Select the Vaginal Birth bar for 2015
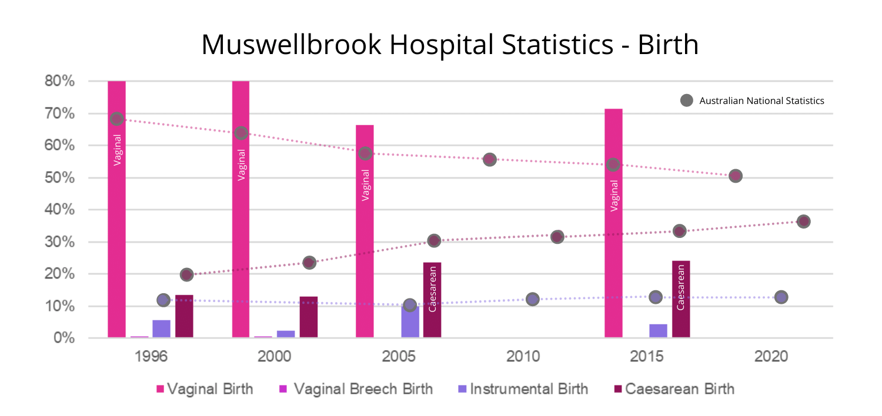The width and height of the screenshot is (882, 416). (613, 247)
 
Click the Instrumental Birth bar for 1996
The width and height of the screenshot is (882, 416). (161, 329)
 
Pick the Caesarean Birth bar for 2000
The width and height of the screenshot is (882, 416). (309, 317)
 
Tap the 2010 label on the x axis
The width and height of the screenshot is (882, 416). (523, 357)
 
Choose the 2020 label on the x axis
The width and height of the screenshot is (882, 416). (771, 357)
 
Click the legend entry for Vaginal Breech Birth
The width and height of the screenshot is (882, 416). (355, 389)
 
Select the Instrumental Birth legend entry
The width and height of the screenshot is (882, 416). (523, 389)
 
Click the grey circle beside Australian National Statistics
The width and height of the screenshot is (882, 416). (686, 100)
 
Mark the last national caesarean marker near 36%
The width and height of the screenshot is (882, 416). (804, 222)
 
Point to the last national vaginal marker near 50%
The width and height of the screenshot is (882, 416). (736, 176)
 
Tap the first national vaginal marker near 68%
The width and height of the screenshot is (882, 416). (116, 119)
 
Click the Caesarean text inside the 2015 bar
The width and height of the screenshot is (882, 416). (680, 287)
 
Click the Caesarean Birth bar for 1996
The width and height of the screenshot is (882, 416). (184, 317)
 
